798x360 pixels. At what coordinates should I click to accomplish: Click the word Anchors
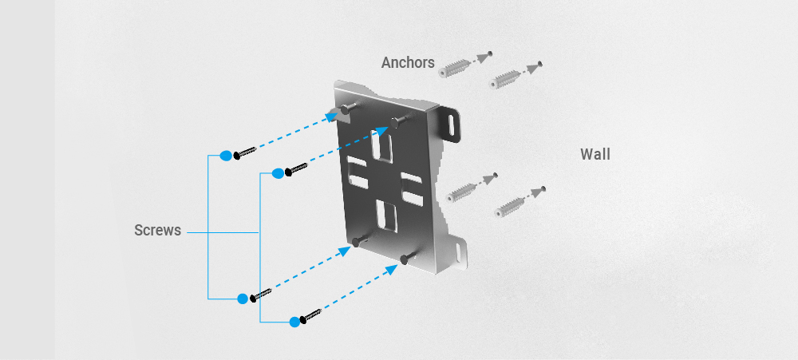tap(408, 62)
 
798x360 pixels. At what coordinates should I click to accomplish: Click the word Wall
tap(595, 154)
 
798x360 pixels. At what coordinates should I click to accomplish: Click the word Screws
tap(157, 231)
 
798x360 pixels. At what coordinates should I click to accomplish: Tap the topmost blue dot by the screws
tap(226, 155)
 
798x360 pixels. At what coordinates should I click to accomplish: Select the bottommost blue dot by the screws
tap(294, 322)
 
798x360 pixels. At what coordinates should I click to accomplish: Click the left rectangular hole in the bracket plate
tap(356, 172)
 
